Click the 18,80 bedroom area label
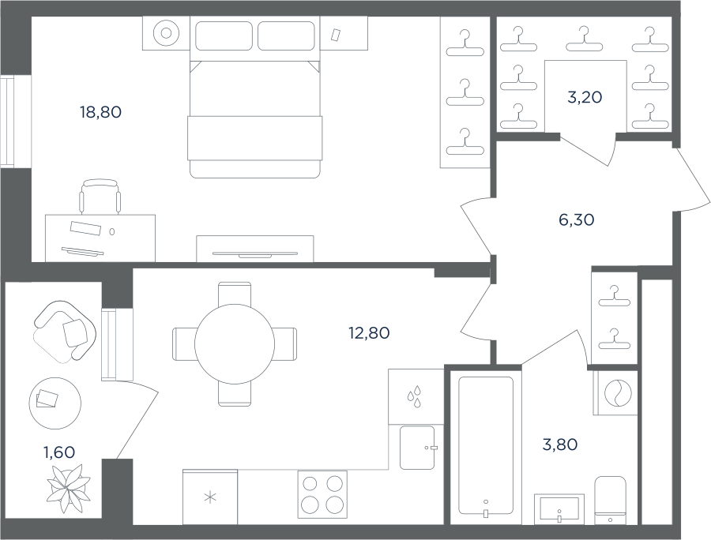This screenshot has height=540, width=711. pos(100,112)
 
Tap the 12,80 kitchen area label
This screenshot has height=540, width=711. pos(369,333)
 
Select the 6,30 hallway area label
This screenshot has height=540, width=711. pos(577,219)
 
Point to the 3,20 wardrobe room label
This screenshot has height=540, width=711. pos(585,97)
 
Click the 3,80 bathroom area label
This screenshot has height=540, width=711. pos(560,444)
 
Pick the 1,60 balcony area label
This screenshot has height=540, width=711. pos(59,452)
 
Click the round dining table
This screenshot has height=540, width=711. pos(235,344)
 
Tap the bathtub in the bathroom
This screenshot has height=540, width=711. pos(486,447)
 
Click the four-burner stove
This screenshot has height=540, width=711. pos(322,494)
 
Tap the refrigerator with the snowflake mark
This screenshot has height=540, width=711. pos(210,497)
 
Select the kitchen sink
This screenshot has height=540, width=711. pos(418,448)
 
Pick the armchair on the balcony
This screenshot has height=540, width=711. pos(65,331)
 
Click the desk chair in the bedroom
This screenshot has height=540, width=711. pos(100,197)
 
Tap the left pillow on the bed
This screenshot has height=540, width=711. pos(224,36)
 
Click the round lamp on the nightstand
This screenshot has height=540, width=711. pos(166,33)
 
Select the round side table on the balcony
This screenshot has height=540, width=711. pos(55,403)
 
